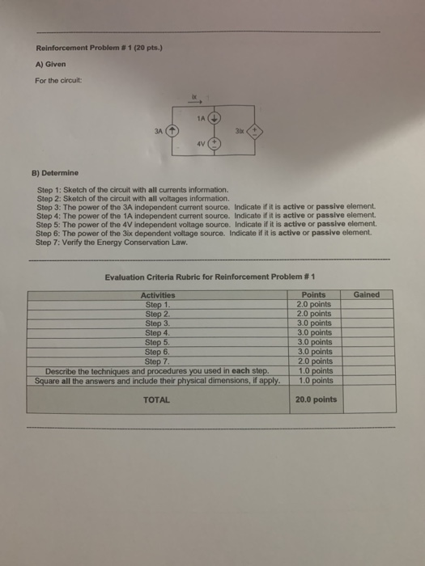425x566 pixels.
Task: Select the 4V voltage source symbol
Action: (215, 146)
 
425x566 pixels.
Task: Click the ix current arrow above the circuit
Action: (194, 102)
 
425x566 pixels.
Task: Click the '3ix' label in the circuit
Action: (240, 129)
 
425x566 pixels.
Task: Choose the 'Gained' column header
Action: (366, 295)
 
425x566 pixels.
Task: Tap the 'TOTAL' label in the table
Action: (157, 399)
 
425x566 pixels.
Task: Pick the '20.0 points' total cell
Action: (315, 399)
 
